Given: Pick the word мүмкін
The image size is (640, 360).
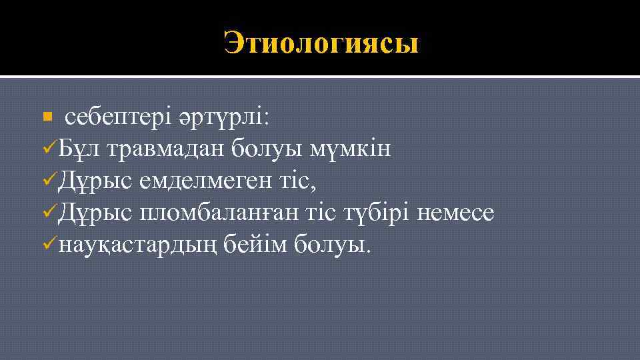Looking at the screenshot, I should point(351,149).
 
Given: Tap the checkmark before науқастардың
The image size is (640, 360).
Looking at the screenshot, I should point(49,245).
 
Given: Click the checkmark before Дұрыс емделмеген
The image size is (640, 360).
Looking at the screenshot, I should point(49,180).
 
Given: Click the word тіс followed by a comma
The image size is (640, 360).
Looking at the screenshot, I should point(301,181).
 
